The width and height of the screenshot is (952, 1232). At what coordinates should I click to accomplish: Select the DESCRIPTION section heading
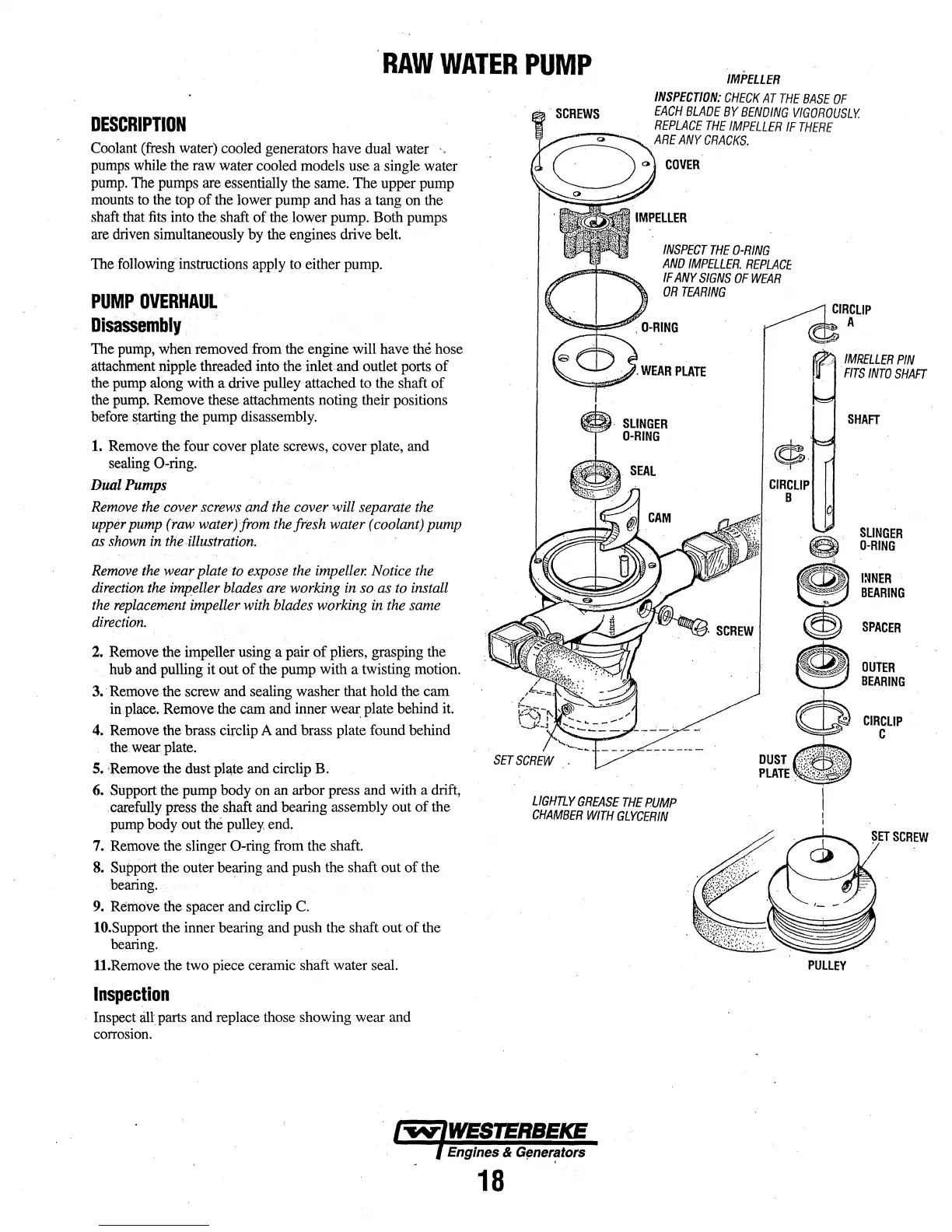click(138, 125)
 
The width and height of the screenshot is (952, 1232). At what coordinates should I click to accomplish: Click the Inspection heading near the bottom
click(131, 994)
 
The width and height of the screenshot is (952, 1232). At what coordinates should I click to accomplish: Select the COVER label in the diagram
click(682, 165)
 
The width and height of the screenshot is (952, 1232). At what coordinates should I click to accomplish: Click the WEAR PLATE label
click(673, 371)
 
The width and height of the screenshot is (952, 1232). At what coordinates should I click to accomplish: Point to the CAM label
click(659, 518)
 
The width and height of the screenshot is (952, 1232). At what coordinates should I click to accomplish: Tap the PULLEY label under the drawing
click(826, 965)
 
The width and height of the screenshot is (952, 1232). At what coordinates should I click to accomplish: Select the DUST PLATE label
click(773, 766)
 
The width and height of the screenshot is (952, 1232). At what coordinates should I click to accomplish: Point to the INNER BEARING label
click(882, 586)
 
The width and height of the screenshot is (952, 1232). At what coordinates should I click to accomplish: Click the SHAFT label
click(863, 420)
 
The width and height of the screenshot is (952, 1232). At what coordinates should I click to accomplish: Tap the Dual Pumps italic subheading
click(128, 485)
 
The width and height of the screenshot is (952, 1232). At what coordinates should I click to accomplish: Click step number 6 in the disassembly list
click(98, 791)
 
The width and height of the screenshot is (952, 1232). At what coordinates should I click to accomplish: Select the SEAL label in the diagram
click(642, 471)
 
